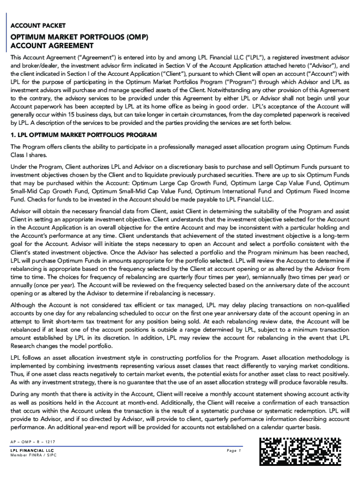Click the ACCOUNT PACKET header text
38,25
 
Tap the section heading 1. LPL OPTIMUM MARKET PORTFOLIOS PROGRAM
84,135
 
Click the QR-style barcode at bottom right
301,452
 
